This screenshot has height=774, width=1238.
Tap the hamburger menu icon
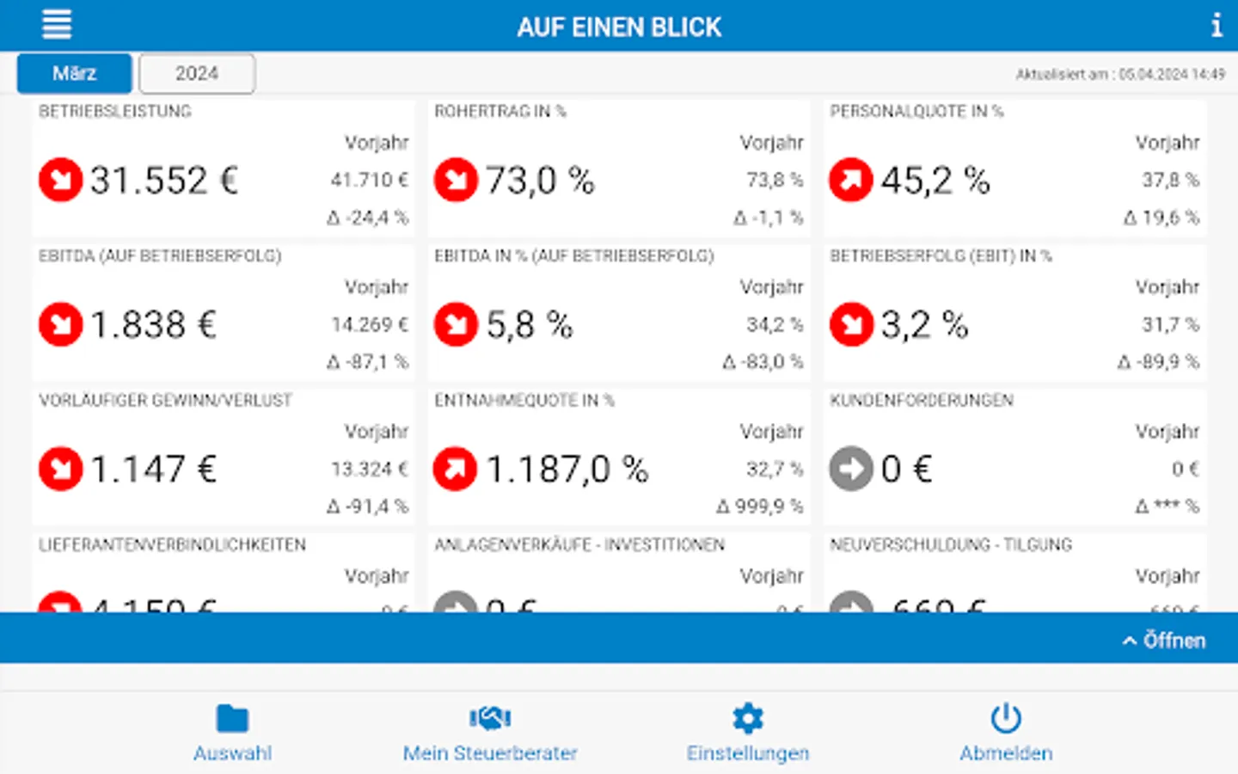(57, 24)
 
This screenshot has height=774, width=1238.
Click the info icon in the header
(1216, 25)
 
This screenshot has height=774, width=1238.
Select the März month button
(75, 74)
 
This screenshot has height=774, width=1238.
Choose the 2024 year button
(197, 74)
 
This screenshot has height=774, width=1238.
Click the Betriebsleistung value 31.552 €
(163, 181)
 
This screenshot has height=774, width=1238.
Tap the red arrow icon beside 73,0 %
(456, 180)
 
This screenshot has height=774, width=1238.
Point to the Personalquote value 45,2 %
(935, 181)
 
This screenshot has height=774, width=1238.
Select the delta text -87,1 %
(368, 362)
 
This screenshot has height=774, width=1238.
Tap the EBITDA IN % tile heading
(573, 255)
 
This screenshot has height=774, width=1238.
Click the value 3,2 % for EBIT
(924, 325)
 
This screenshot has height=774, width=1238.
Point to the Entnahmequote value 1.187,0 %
(567, 470)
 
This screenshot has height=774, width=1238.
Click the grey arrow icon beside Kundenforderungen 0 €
(851, 469)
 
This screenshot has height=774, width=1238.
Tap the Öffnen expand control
(1164, 640)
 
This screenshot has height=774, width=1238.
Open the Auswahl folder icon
(232, 718)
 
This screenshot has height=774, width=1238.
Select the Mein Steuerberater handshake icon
(490, 718)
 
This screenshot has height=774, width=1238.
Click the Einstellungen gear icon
(747, 718)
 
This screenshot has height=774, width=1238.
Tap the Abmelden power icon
(1005, 718)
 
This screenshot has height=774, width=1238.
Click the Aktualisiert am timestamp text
(1120, 75)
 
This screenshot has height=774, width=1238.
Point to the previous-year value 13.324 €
(370, 469)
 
